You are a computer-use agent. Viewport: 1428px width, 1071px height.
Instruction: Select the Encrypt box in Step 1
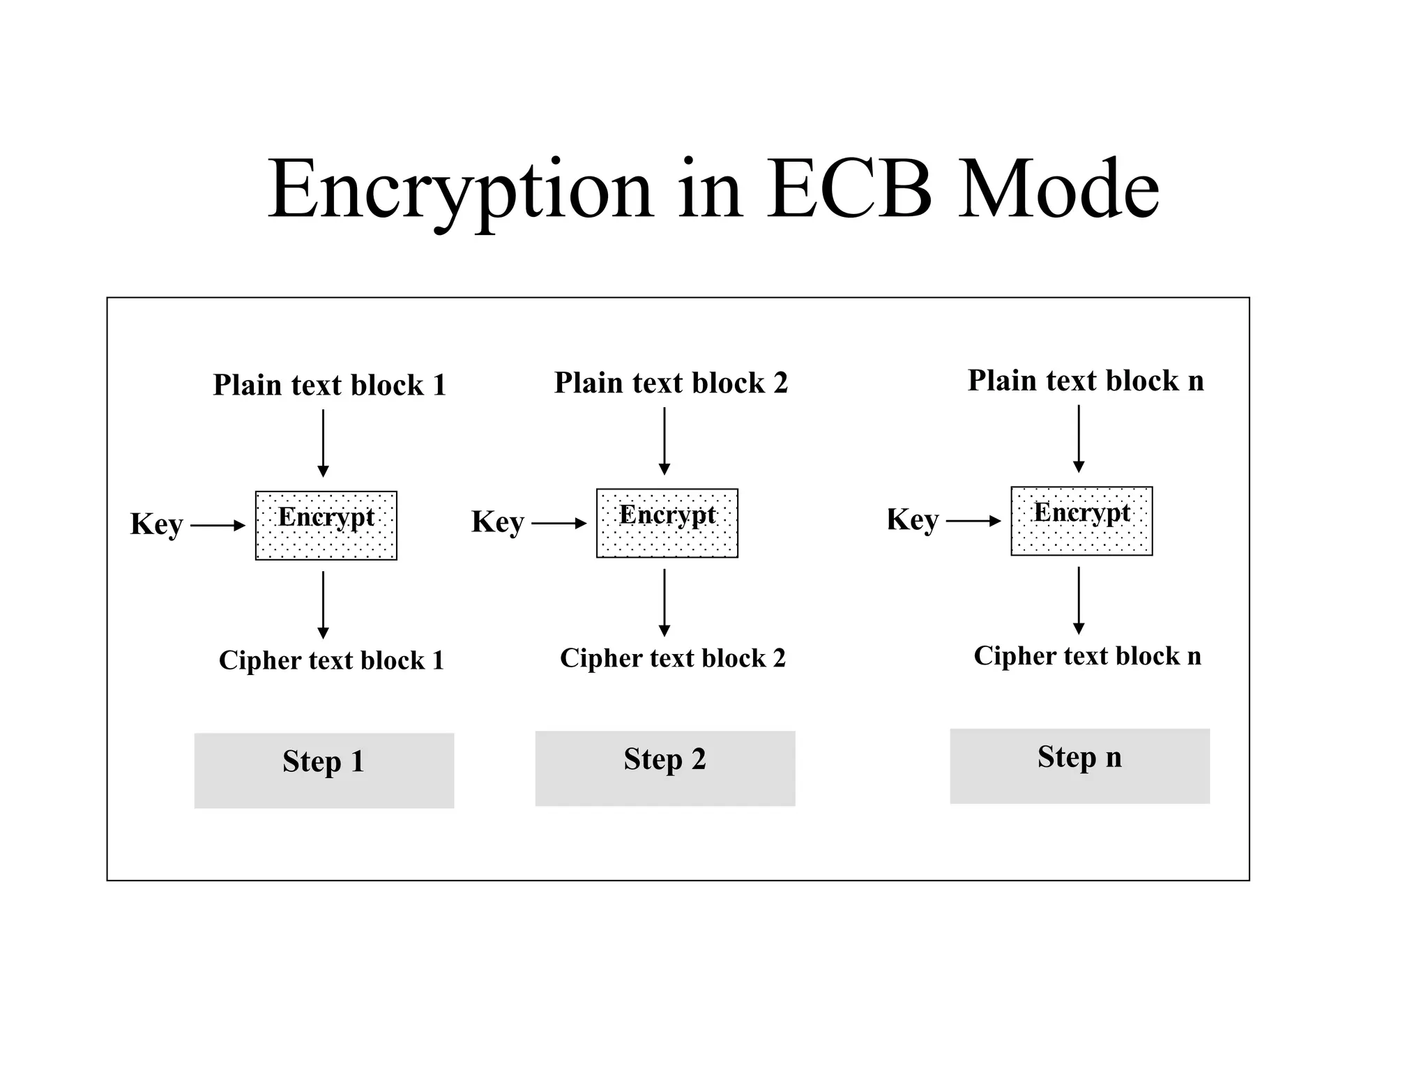326,526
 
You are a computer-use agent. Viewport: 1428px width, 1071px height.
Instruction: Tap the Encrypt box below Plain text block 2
667,523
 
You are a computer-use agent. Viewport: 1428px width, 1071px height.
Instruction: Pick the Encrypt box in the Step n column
1081,521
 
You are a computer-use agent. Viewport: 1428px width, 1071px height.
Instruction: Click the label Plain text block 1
329,385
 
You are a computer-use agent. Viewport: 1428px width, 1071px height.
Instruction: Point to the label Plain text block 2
671,383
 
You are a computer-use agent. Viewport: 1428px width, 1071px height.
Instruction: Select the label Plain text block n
1086,381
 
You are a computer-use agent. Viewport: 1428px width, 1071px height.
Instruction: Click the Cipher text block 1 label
331,660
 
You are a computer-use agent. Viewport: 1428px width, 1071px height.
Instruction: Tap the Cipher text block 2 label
672,658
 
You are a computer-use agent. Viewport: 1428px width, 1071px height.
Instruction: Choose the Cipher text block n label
1087,656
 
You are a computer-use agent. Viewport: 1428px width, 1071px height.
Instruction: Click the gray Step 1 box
324,770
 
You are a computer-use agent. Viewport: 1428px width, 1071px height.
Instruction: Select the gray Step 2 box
665,768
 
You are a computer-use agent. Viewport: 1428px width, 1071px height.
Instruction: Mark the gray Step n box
1079,766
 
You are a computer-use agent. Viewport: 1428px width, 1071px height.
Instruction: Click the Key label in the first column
156,524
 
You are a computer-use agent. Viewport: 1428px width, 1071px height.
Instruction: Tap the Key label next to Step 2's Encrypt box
497,522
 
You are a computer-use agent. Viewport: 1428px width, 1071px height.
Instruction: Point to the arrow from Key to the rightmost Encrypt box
973,521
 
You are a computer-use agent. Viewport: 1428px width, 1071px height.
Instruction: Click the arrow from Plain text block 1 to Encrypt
323,443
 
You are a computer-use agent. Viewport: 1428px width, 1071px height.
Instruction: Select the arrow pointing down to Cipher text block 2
664,602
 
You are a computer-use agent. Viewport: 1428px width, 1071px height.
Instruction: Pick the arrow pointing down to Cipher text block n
1079,600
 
